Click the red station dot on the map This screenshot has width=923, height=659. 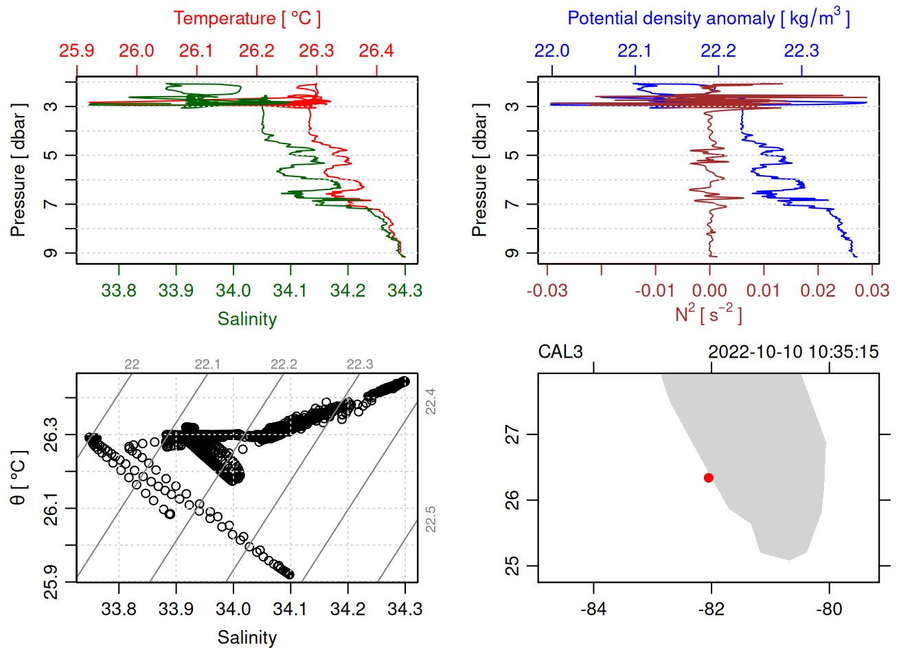[709, 477]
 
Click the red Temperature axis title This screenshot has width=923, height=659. [247, 19]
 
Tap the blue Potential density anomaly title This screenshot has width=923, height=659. [708, 19]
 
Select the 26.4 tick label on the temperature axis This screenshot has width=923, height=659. [376, 51]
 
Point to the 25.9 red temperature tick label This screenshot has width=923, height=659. [76, 51]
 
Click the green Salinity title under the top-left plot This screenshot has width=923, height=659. [247, 319]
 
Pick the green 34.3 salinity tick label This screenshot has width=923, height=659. [404, 291]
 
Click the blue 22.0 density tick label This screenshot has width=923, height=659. [552, 51]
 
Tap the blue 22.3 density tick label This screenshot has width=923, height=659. [801, 51]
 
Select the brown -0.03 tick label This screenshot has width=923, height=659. [547, 291]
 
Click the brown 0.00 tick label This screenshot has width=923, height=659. [709, 291]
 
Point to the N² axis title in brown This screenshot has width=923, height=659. [708, 314]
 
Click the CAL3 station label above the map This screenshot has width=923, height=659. [560, 352]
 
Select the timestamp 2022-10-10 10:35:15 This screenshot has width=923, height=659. [793, 352]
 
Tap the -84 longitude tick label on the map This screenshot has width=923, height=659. [593, 610]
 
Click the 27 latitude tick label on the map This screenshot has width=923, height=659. [512, 435]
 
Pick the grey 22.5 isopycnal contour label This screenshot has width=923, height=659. [431, 519]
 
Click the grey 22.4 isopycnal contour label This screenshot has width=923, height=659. [431, 402]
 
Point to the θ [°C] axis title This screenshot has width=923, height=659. [18, 478]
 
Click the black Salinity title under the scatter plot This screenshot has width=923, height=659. [247, 638]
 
